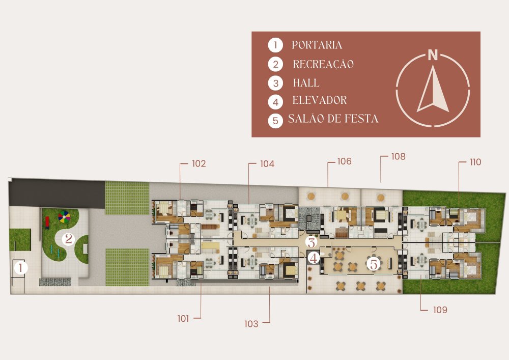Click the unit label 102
(x=199, y=163)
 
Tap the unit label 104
(x=267, y=164)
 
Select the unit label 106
(x=344, y=161)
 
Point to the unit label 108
(x=398, y=156)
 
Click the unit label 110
(x=475, y=162)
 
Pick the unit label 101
(x=183, y=319)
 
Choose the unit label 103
(x=251, y=324)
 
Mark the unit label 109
(x=440, y=310)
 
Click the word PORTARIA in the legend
(x=317, y=45)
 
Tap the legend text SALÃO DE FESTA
(x=333, y=119)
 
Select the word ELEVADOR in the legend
(x=320, y=100)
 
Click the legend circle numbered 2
(x=275, y=64)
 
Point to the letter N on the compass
(x=433, y=55)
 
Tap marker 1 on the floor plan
(x=21, y=268)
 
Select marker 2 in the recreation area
(x=69, y=239)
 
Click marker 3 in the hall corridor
(x=311, y=242)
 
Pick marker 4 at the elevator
(x=314, y=258)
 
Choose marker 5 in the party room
(x=374, y=264)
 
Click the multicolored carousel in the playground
(x=64, y=216)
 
